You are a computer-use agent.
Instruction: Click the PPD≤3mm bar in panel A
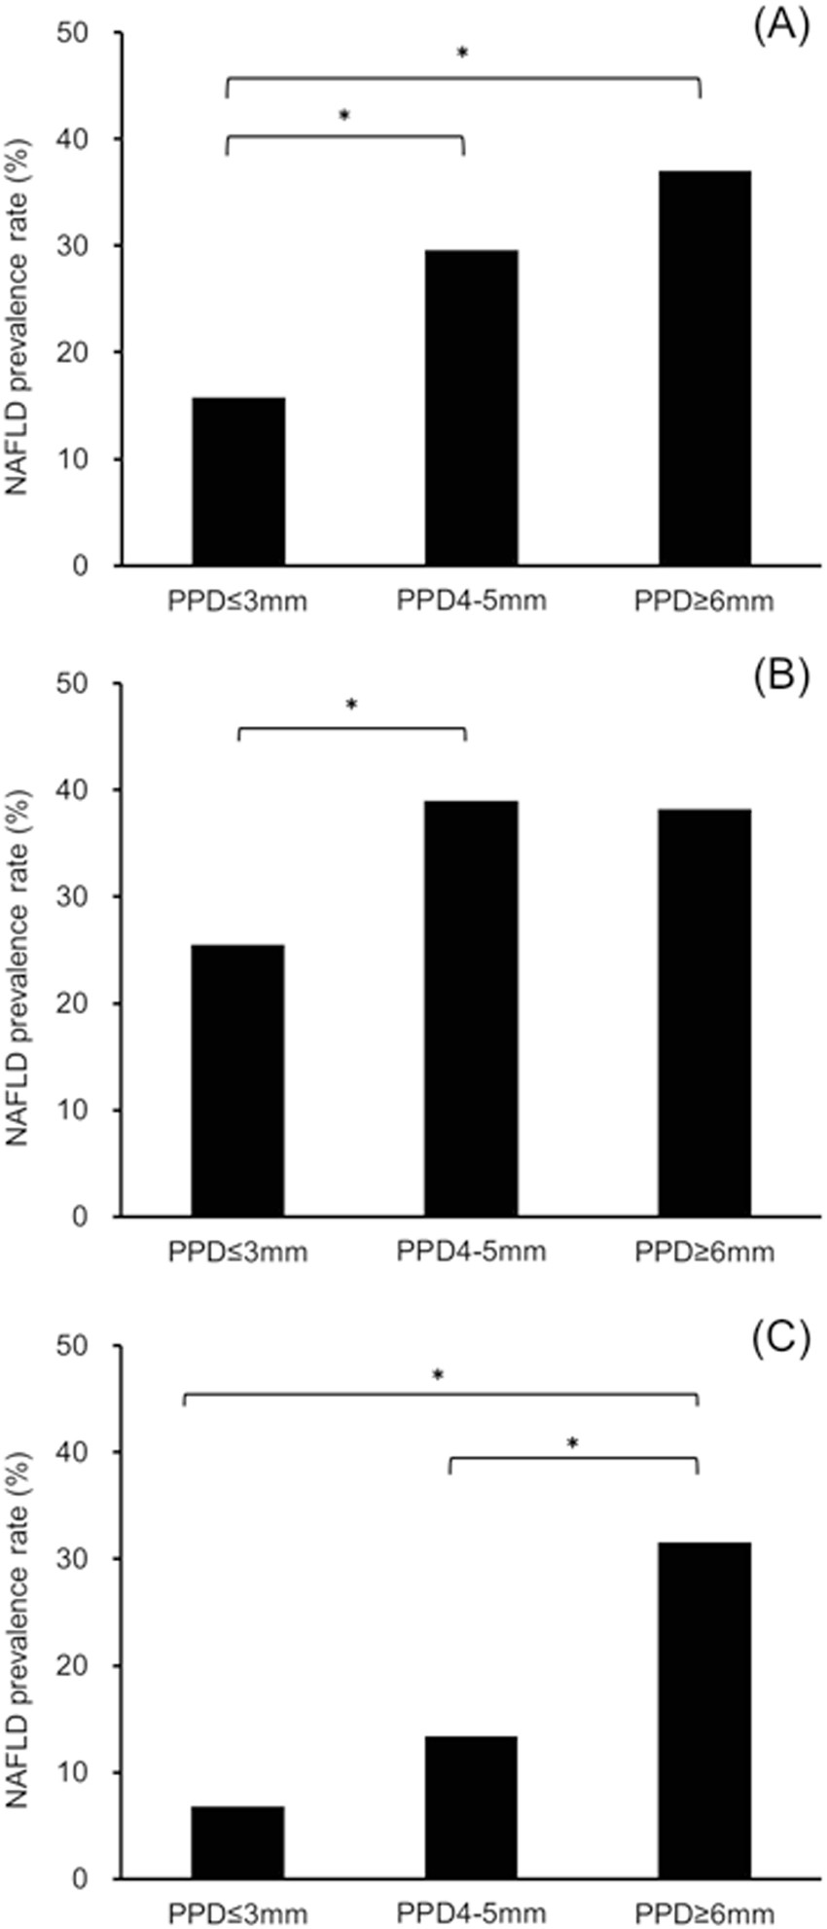tap(238, 481)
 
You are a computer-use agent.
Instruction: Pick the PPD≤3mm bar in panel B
tap(238, 1080)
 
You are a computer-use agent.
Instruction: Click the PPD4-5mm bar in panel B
tap(472, 1008)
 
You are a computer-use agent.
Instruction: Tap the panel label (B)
tap(780, 677)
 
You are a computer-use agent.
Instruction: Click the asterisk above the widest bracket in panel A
tap(463, 55)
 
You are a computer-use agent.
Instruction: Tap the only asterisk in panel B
tap(352, 704)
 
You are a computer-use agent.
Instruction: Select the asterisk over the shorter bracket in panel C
tap(573, 1444)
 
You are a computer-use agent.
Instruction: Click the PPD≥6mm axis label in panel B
tap(704, 1252)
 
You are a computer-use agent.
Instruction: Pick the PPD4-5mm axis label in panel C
tap(472, 1913)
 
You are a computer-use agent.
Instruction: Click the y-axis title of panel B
tap(21, 949)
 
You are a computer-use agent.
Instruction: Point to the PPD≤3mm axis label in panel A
tap(238, 601)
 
